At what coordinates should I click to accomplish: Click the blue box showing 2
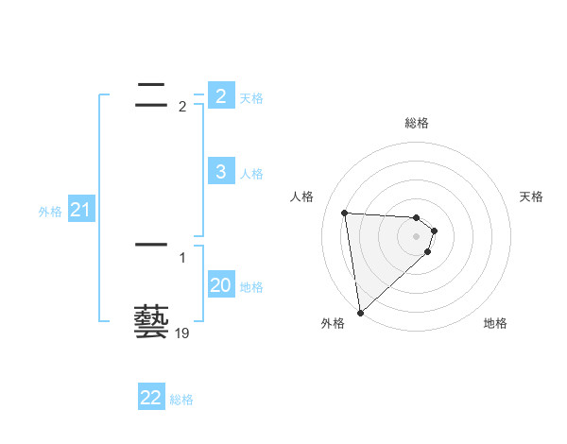coord(220,95)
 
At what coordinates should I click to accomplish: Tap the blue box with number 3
coord(220,171)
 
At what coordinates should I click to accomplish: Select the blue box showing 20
coord(220,284)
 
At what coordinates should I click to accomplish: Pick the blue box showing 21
coord(80,210)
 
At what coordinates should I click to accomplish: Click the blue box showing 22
coord(151,398)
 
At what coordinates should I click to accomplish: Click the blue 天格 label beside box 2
coord(250,97)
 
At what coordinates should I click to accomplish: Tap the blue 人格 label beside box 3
coord(250,174)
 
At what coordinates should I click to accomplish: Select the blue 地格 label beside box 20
coord(251,287)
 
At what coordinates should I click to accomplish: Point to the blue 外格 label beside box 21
coord(50,213)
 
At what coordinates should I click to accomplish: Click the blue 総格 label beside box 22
coord(181,401)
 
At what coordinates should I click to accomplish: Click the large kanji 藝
coord(151,321)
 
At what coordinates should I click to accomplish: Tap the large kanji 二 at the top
coord(151,92)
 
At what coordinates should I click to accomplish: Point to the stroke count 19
coord(182,333)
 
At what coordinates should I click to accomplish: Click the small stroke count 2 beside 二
coord(182,107)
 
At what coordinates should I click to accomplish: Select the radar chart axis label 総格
coord(417,123)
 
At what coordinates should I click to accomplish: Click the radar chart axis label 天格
coord(532,196)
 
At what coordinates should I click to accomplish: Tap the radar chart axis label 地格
coord(495,323)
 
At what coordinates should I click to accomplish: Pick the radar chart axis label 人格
coord(302,196)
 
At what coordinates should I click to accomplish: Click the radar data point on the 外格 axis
coord(360,313)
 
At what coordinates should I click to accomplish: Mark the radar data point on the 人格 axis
coord(345,213)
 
